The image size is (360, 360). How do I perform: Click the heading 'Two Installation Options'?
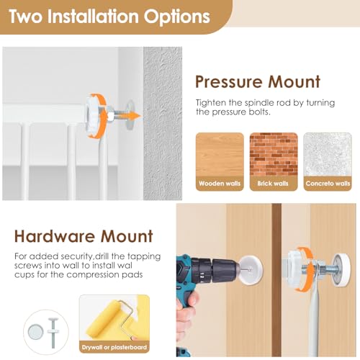pos(109,16)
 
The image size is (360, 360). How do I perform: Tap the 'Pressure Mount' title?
pos(258,82)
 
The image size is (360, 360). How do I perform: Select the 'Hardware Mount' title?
pos(84,236)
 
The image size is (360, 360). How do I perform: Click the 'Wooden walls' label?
pos(220,184)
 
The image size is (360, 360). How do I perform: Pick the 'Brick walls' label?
pos(273,184)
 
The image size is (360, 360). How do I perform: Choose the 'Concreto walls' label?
pos(328,184)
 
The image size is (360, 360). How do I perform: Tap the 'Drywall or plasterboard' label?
pos(114,347)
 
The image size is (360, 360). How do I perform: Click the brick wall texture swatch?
pos(274,154)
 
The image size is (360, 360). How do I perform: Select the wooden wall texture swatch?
pos(220,154)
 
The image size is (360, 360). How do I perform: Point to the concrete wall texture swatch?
pos(328,154)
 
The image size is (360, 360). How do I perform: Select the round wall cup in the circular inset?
pos(36,332)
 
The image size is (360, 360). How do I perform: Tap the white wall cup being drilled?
pos(251,270)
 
